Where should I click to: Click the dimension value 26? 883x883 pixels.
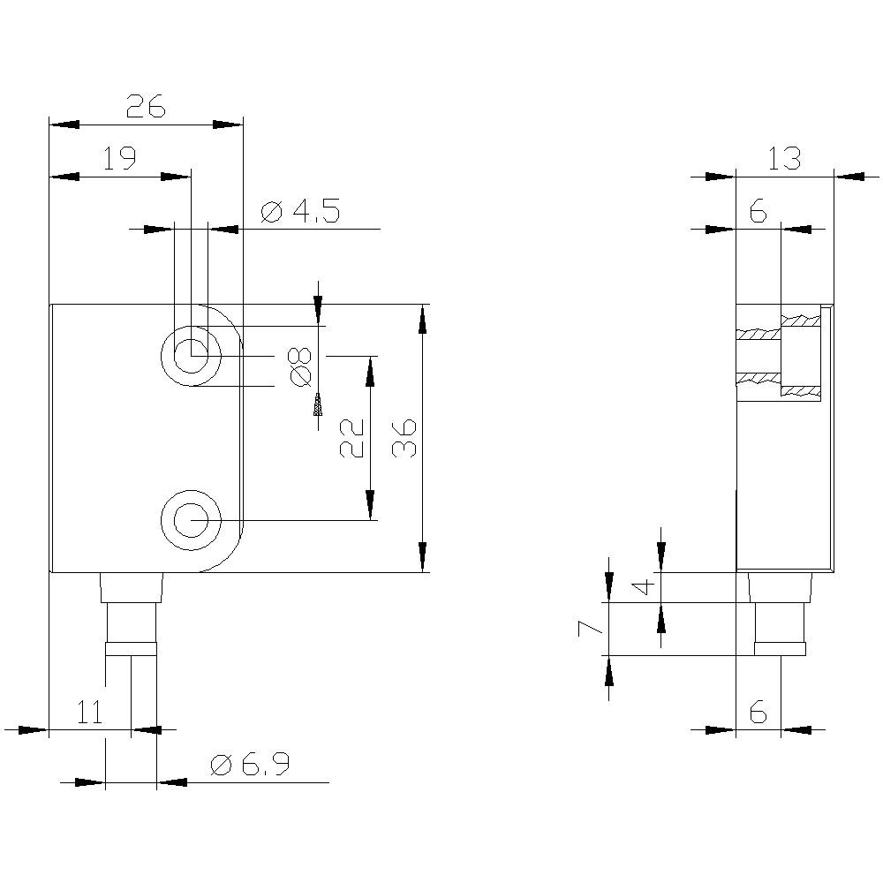coord(146,107)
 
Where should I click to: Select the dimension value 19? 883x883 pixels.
coord(119,159)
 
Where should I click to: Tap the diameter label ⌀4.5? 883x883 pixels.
coord(300,212)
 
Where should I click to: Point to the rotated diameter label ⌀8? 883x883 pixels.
coord(301,366)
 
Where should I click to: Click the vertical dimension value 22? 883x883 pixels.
coord(352,437)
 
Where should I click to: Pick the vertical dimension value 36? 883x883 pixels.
coord(403,437)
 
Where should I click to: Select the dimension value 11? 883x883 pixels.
coord(90,712)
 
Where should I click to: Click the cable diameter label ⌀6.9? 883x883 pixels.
coord(250,765)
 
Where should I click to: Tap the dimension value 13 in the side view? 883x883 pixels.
coord(783,159)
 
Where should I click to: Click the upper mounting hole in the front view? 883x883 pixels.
coord(191,357)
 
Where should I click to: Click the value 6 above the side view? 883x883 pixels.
coord(758,212)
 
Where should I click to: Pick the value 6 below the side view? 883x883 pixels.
coord(758,712)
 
